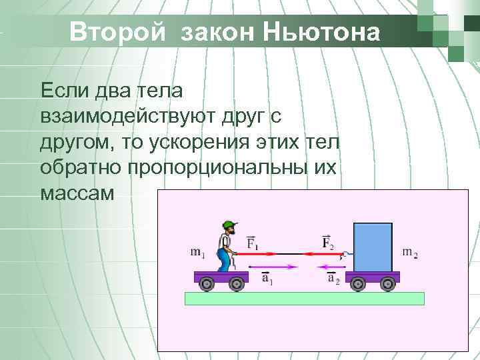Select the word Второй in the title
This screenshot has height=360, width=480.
(116, 31)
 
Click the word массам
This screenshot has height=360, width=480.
(77, 193)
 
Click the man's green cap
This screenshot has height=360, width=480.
(231, 225)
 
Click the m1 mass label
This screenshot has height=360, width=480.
(198, 252)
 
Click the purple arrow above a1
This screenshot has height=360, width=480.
(273, 267)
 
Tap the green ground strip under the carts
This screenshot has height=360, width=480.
(304, 298)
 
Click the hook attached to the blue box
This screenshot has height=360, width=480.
(345, 254)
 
